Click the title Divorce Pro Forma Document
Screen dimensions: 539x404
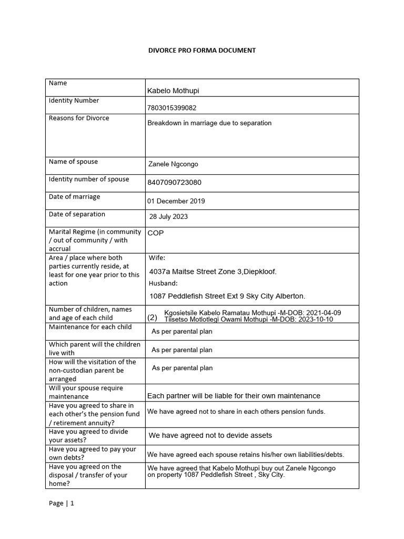[x=202, y=50]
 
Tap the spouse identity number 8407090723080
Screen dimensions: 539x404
[x=174, y=183]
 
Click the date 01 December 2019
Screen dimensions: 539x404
[x=176, y=201]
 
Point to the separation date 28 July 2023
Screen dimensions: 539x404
[x=168, y=216]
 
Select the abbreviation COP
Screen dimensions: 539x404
[x=156, y=233]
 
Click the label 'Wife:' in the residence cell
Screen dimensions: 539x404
[x=157, y=258]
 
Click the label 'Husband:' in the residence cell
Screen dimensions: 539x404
[x=163, y=284]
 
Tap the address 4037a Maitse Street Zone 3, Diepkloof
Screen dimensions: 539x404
[x=213, y=272]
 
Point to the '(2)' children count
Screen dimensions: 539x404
[x=153, y=318]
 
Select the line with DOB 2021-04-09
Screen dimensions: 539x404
[x=252, y=313]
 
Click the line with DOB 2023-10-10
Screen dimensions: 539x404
[x=248, y=320]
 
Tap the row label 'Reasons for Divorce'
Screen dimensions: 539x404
[x=79, y=118]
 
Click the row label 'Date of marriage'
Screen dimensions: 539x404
[x=74, y=197]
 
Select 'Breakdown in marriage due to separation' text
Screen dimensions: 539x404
[x=209, y=123]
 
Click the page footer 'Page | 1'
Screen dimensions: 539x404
[x=62, y=503]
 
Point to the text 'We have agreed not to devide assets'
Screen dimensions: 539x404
[x=210, y=435]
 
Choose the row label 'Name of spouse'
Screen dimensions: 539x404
[x=73, y=162]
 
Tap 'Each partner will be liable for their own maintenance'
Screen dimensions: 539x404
[x=234, y=396]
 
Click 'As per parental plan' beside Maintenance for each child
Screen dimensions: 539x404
[x=182, y=332]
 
